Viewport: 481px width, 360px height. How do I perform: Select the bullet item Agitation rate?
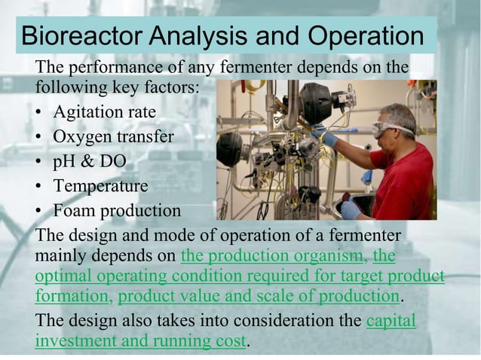pos(104,112)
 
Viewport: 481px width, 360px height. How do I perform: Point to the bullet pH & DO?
pos(89,161)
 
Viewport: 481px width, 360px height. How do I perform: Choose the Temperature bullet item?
pos(100,185)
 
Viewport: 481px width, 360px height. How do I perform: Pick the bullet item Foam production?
pos(117,209)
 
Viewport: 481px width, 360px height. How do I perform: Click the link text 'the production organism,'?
pos(274,255)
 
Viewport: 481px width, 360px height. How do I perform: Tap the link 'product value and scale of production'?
pos(258,294)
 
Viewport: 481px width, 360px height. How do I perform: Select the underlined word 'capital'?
pos(390,321)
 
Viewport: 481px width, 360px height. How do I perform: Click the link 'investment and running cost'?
pos(140,340)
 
